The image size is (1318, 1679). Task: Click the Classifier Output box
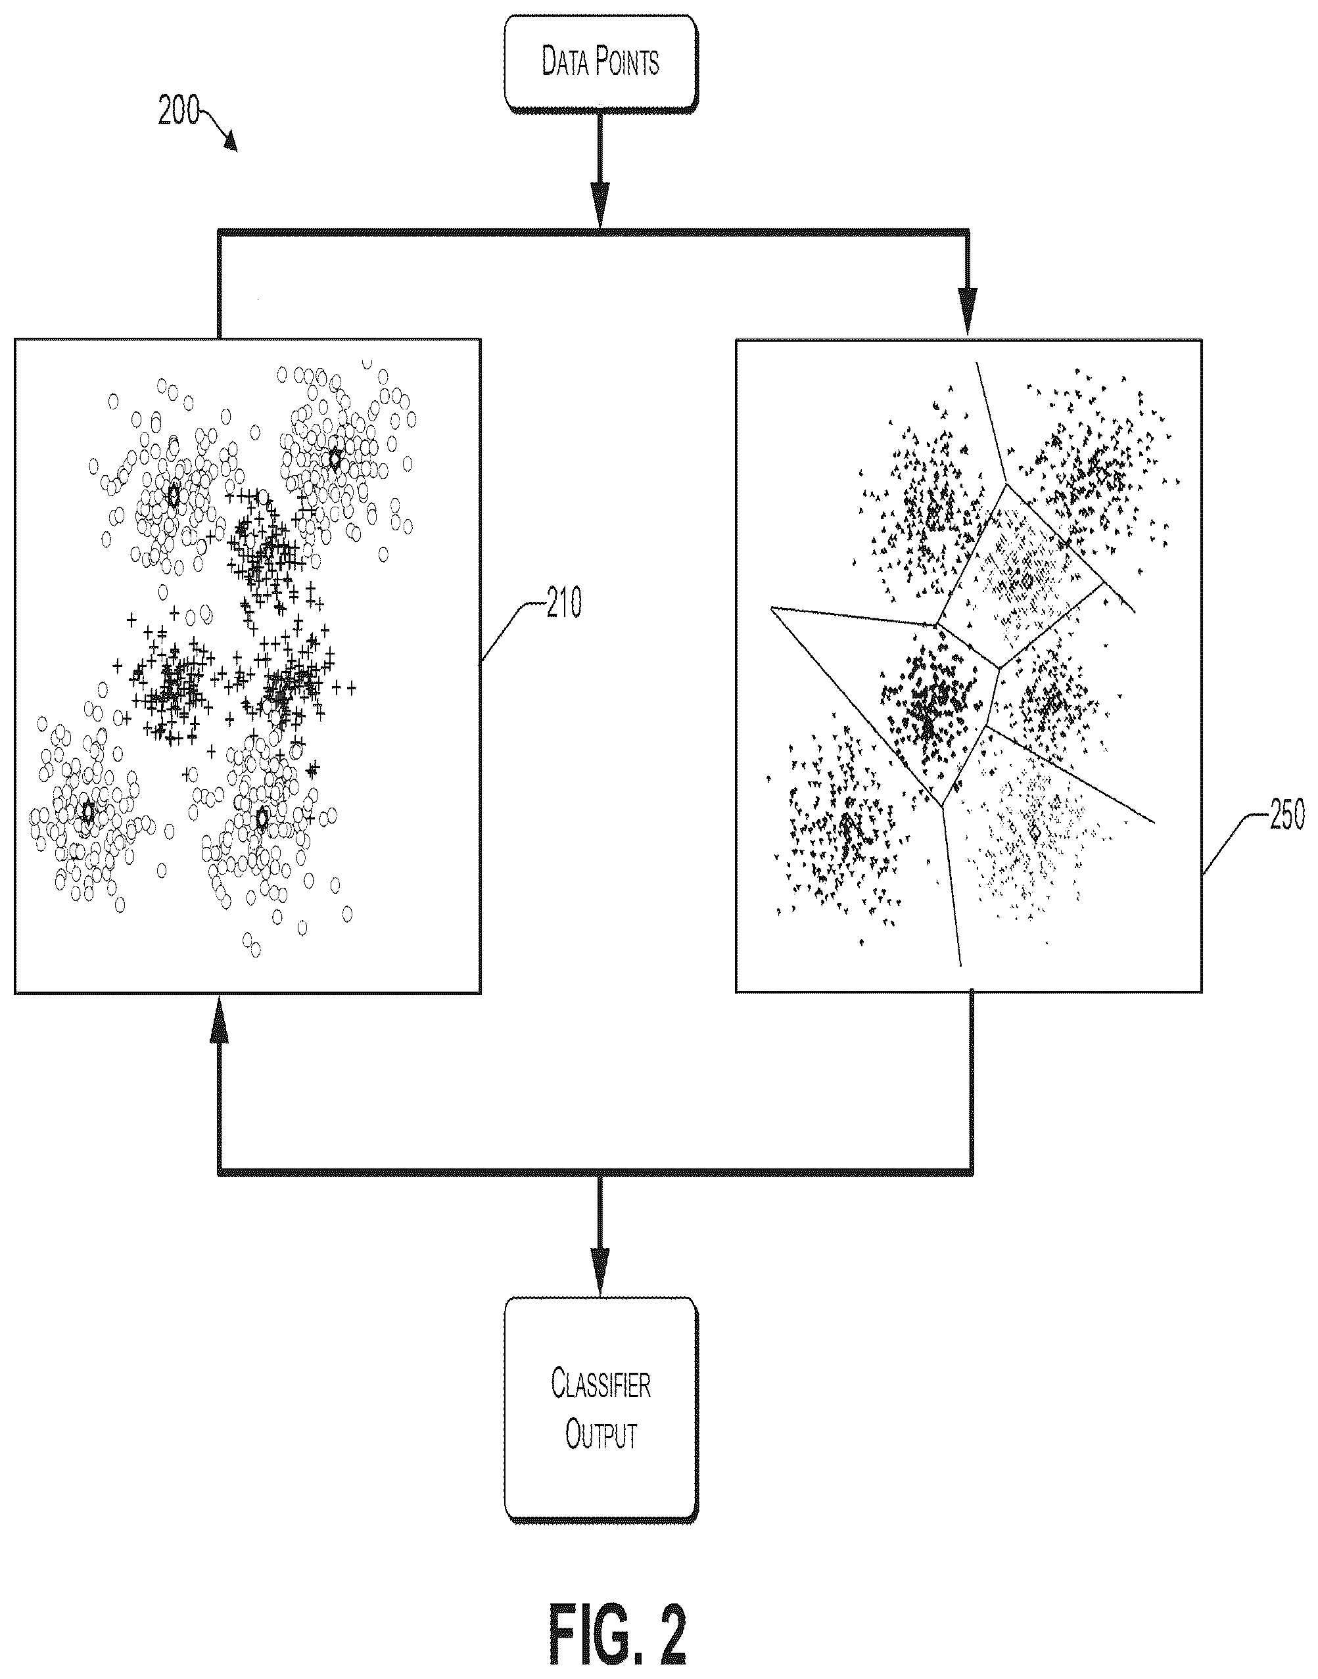coord(601,1411)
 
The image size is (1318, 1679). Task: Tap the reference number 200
coord(179,111)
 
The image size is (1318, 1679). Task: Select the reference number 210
coord(564,603)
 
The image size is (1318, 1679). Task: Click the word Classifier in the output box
coord(601,1385)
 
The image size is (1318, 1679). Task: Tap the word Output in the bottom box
coord(601,1435)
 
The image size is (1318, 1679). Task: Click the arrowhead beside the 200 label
coord(231,141)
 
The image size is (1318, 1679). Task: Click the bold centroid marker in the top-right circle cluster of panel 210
coord(334,459)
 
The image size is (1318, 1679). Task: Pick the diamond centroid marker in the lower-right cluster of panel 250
coord(1035,833)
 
